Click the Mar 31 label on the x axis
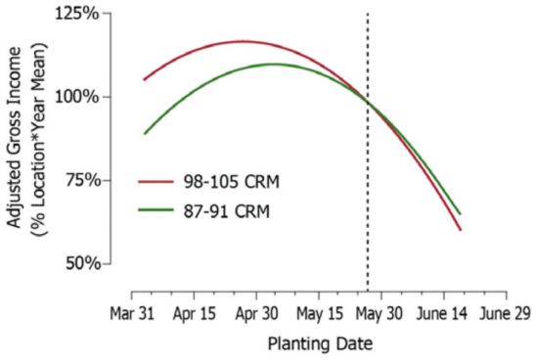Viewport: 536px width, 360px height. (x=132, y=315)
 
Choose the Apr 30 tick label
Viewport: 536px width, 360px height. (x=259, y=315)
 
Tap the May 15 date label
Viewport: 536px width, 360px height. (x=321, y=315)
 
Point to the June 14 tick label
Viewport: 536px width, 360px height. (x=446, y=315)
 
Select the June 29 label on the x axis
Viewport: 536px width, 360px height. (x=508, y=315)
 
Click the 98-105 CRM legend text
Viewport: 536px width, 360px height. (x=234, y=183)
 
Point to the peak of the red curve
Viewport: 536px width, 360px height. (x=241, y=41)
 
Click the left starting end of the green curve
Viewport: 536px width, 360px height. (x=145, y=133)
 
